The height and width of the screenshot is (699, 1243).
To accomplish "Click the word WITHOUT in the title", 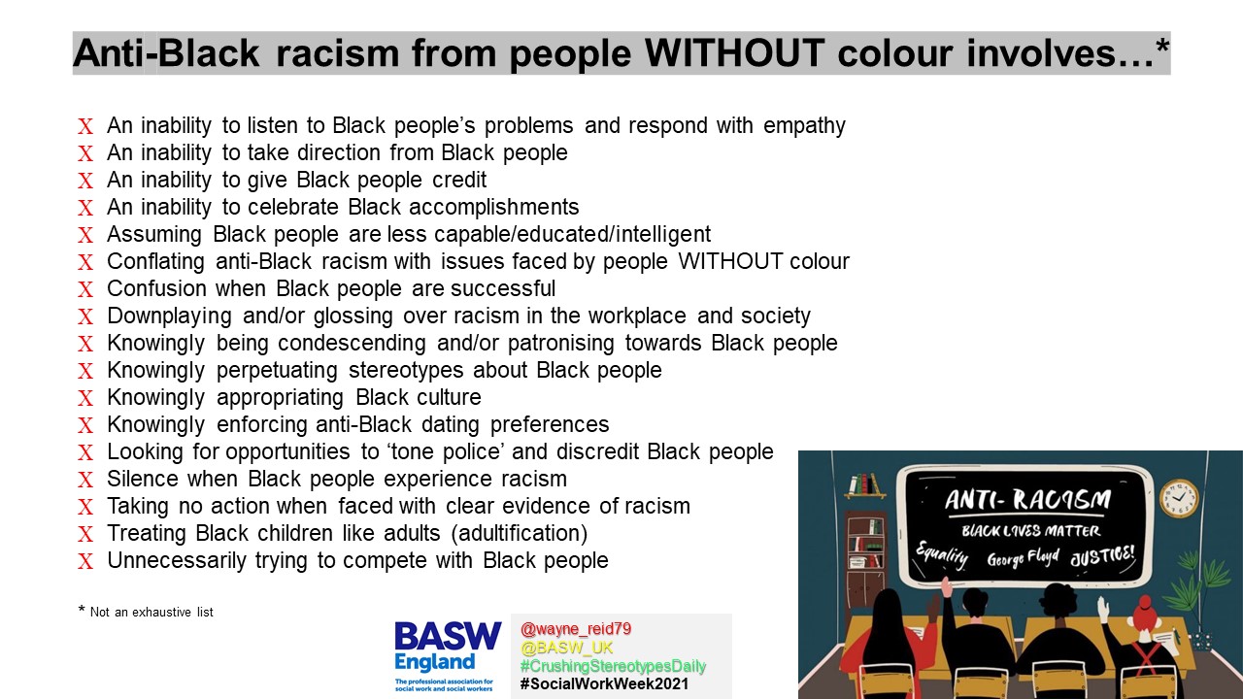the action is tap(734, 52).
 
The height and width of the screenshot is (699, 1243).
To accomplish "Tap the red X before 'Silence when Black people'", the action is tap(85, 480).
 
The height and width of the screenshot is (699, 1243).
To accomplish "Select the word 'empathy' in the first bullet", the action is tap(804, 126).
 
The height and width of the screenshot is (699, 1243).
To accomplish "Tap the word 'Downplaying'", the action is tap(169, 316).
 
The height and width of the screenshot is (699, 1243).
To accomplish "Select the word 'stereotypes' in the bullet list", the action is tap(406, 371).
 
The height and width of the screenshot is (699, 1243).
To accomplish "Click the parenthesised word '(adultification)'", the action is tap(520, 534).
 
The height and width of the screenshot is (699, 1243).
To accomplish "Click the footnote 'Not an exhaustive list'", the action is tap(151, 613).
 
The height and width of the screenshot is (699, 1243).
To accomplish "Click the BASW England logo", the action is tap(448, 656).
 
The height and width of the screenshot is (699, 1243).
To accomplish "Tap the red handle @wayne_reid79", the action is tap(576, 629).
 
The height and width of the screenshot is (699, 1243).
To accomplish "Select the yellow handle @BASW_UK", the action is tap(566, 648).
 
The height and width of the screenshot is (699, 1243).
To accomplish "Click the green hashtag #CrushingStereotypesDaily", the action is tap(613, 666).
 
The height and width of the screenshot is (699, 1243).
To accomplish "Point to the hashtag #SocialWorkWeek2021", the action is tap(604, 684).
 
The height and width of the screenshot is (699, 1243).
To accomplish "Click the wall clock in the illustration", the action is tap(1179, 498).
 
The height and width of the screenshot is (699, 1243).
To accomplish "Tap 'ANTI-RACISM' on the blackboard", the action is tap(1028, 499).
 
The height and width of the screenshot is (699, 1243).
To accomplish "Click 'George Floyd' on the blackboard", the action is tap(1023, 557).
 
